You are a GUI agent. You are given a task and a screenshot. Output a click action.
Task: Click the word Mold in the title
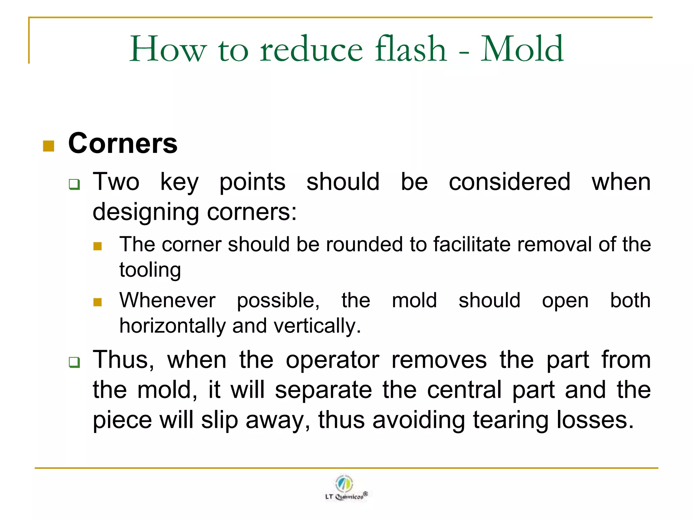(522, 49)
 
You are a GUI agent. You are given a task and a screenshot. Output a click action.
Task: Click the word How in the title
(168, 50)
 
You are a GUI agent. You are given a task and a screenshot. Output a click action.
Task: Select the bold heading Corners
(123, 143)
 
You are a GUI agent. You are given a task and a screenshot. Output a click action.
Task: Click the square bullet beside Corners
(49, 146)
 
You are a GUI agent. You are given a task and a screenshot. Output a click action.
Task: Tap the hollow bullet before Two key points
(74, 185)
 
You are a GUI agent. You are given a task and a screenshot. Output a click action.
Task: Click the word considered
(510, 182)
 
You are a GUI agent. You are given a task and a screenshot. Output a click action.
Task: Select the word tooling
(150, 270)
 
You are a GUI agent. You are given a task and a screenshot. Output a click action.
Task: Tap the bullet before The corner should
(97, 246)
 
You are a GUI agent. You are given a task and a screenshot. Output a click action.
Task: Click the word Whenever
(167, 300)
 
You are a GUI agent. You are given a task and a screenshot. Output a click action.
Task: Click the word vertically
(317, 326)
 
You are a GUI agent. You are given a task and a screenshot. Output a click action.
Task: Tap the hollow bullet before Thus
(74, 362)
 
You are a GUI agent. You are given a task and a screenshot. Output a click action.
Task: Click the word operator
(332, 360)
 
